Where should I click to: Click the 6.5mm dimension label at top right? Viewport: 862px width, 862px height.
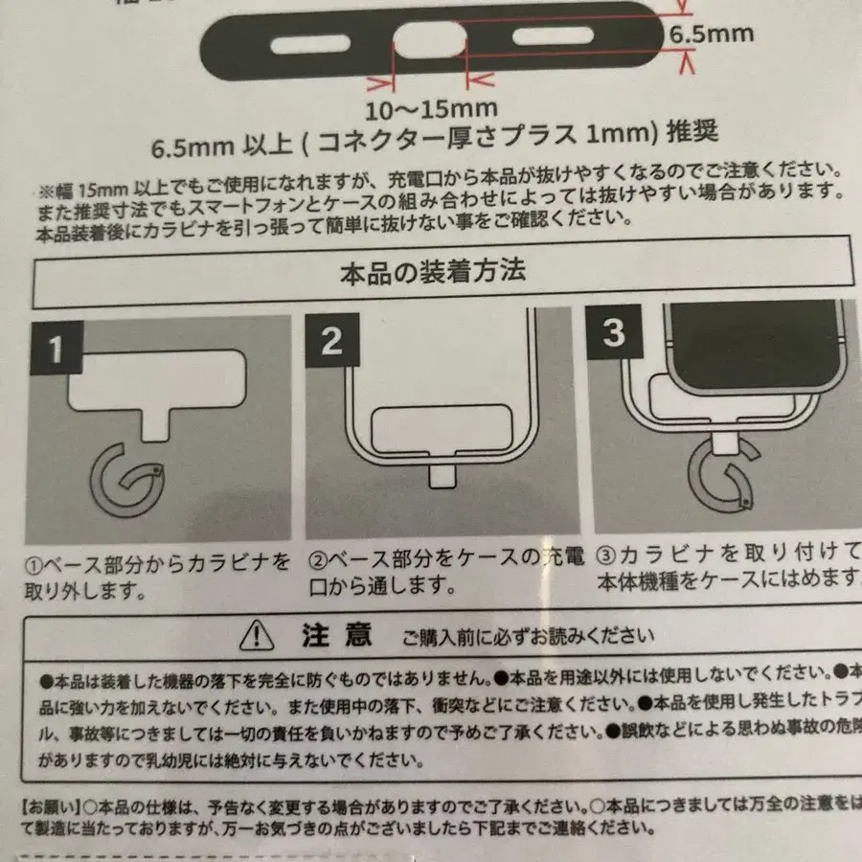(x=710, y=34)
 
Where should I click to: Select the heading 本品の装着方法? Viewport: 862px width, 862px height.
(x=432, y=272)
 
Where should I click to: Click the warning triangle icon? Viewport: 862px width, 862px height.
(x=257, y=633)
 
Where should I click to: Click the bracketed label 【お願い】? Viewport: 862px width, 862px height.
(x=50, y=803)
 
